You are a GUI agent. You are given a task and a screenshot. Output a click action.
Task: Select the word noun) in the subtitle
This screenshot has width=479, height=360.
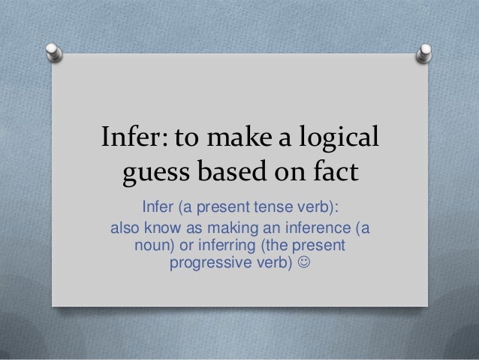(x=154, y=246)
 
